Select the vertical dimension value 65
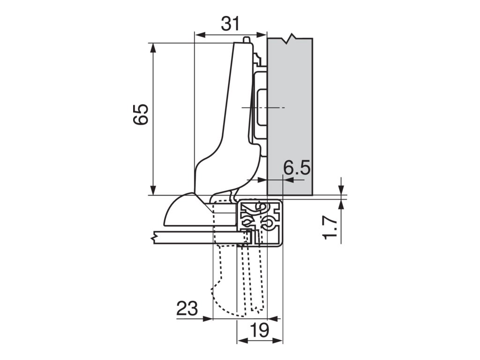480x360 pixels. (141, 114)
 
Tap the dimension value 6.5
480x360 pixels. (296, 168)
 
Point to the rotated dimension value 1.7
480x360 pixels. (330, 227)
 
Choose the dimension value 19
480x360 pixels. (259, 330)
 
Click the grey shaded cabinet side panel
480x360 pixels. (290, 116)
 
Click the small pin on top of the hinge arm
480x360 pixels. (246, 40)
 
